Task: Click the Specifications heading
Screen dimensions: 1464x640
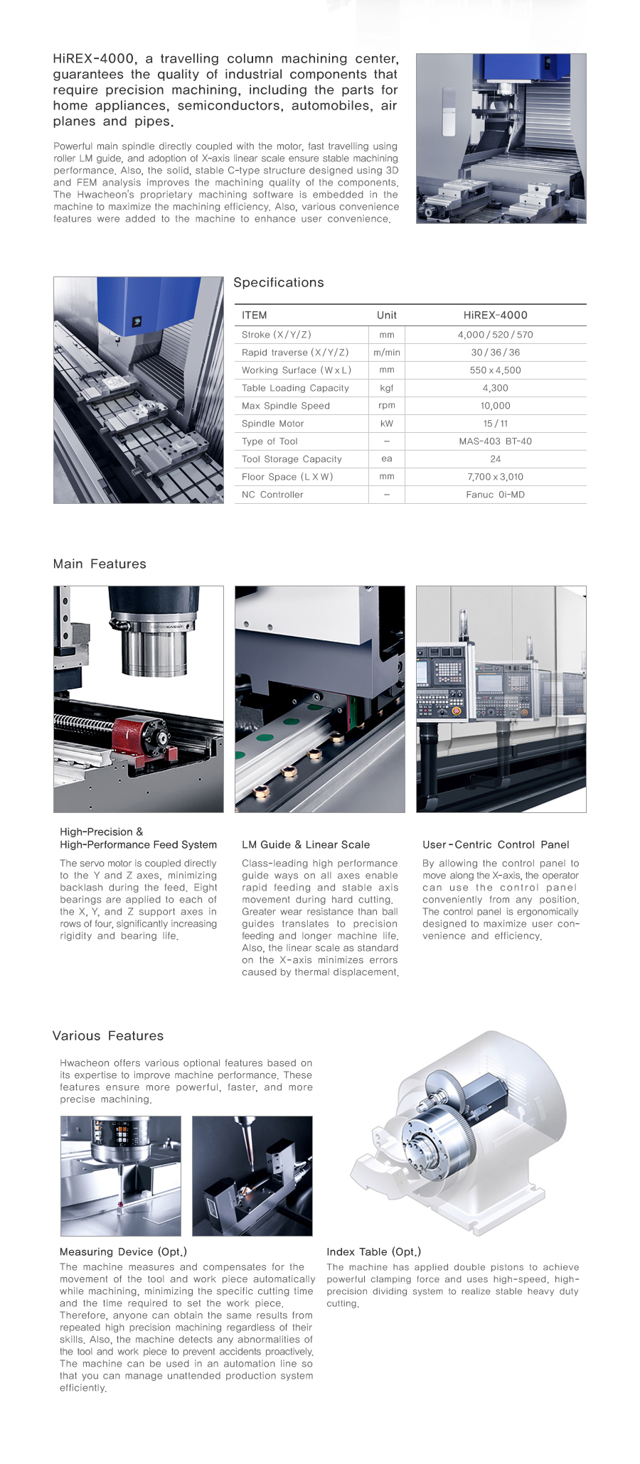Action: [278, 282]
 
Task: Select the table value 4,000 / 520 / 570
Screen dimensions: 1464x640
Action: [495, 335]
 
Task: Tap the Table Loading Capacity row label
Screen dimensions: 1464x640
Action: [295, 388]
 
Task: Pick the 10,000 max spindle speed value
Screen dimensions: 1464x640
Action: [495, 406]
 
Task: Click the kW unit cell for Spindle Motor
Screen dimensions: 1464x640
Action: [386, 424]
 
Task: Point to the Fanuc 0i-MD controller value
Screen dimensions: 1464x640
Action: [495, 495]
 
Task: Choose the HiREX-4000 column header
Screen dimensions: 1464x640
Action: [495, 315]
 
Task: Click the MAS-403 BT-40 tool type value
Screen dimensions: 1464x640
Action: [495, 441]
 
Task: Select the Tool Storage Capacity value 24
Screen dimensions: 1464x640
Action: [495, 459]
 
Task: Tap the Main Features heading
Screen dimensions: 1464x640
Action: [99, 564]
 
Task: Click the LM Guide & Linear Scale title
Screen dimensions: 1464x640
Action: [305, 844]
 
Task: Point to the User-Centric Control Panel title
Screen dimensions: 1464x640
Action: [495, 844]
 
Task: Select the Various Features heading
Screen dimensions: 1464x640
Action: [107, 1035]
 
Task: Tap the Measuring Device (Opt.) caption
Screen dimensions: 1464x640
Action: [123, 1252]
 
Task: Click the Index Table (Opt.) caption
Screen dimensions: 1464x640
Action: [373, 1252]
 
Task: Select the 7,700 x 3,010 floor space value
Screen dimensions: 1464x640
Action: [495, 477]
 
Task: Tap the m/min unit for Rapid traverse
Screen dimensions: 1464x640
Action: [386, 352]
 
